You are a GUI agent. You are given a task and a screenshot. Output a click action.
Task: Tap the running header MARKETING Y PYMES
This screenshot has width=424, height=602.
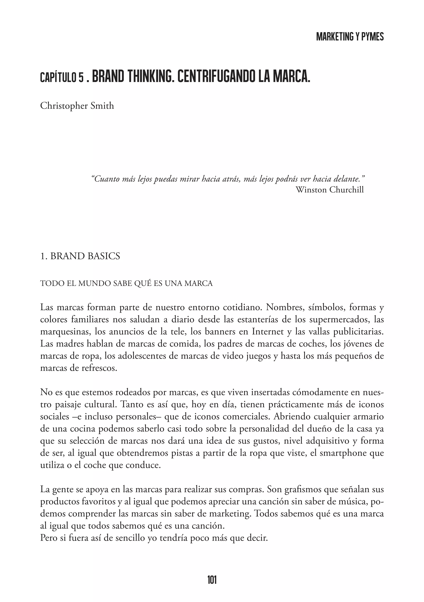tap(350, 37)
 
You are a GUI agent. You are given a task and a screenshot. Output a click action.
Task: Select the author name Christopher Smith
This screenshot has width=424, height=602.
tap(77, 106)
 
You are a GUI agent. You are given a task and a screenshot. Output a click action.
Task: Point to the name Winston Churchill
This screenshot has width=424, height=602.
tap(330, 190)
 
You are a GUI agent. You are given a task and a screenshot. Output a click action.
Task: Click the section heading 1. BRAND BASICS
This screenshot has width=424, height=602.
tap(80, 256)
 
